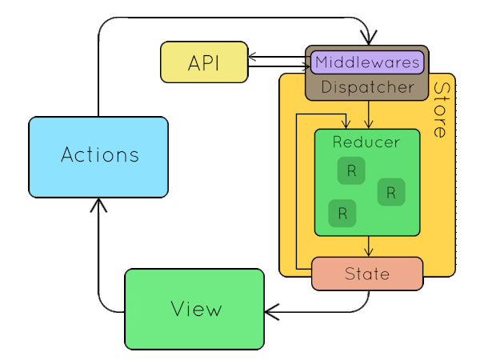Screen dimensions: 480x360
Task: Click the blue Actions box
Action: pos(98,157)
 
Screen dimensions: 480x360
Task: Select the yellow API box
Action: pos(204,62)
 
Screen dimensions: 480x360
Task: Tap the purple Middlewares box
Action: pos(367,62)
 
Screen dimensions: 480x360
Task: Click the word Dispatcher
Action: pos(368,87)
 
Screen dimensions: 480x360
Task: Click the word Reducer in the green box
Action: pos(366,142)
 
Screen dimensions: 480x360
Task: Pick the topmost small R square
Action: pos(351,171)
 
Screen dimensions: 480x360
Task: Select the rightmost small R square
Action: pos(391,192)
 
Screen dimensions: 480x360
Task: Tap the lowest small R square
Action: pos(342,214)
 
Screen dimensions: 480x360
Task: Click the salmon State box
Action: pos(367,274)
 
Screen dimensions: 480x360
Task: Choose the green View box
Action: pos(194,309)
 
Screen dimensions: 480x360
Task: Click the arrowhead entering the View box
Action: pos(272,312)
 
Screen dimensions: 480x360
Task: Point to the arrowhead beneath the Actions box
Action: pos(98,205)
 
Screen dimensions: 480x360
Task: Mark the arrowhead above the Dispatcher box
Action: pos(369,38)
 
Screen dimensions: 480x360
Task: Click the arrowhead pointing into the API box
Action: pos(252,57)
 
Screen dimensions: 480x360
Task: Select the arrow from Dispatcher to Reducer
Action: pos(369,114)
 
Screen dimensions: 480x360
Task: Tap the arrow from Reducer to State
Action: pos(369,246)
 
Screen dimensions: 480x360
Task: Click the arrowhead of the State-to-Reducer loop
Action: pos(346,124)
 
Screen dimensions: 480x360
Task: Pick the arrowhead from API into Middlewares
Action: pos(306,66)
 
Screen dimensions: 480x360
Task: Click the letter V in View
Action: pos(178,308)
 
